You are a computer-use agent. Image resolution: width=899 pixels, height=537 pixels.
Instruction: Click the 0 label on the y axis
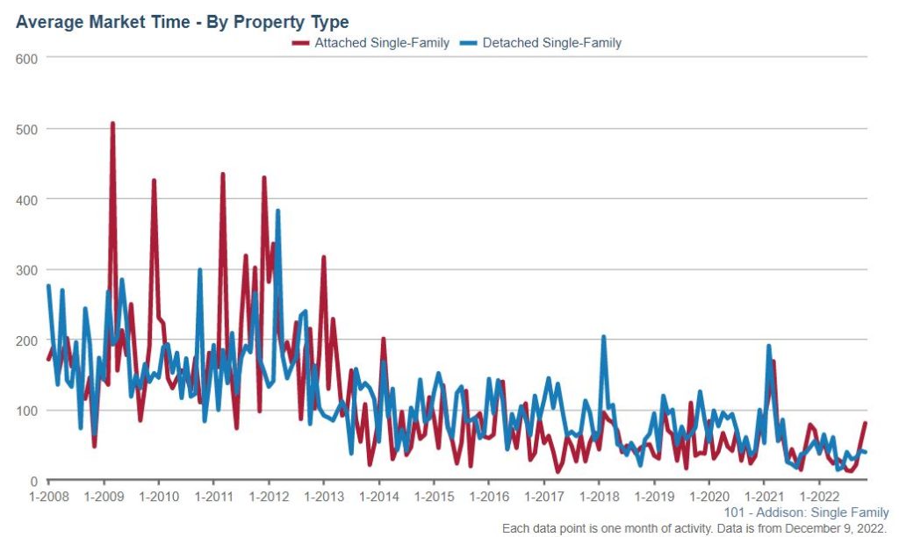(33, 481)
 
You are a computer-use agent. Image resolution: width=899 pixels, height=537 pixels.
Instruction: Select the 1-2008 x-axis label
(48, 497)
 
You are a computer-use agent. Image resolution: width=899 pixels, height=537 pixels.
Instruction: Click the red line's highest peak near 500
(112, 124)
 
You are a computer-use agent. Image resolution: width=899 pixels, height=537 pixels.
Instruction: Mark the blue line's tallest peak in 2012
(277, 211)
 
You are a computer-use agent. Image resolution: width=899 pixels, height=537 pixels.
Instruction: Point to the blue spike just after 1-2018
(603, 337)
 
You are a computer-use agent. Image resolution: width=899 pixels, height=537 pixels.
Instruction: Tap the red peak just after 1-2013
(324, 257)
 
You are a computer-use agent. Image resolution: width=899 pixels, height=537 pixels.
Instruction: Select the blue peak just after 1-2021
(768, 347)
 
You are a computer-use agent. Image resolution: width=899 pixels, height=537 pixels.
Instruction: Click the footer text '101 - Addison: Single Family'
(806, 512)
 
